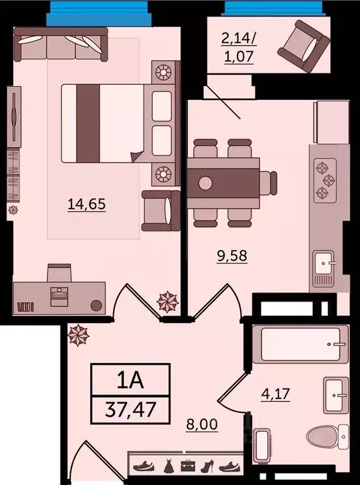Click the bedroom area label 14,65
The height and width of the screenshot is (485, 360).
pyautogui.click(x=85, y=204)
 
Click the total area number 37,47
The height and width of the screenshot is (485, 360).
pyautogui.click(x=131, y=410)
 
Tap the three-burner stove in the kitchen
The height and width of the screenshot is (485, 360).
pyautogui.click(x=324, y=179)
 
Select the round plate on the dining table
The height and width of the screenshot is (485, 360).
pyautogui.click(x=205, y=184)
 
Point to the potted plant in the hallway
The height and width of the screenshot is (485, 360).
pyautogui.click(x=79, y=335)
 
